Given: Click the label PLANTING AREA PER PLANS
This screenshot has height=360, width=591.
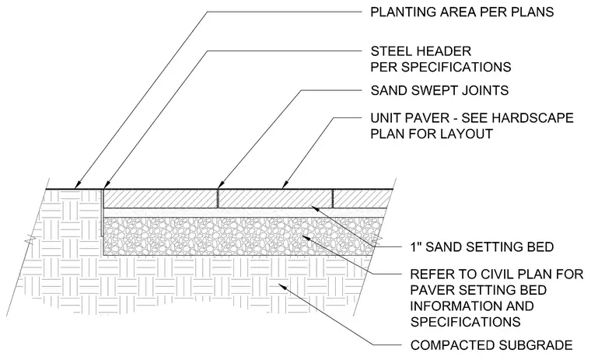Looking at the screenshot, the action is tap(462, 12).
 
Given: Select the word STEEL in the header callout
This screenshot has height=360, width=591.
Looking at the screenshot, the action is tap(388, 51).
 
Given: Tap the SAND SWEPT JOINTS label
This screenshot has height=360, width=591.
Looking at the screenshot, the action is tap(439, 90).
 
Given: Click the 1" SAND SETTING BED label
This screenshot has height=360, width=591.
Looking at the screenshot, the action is tap(482, 247).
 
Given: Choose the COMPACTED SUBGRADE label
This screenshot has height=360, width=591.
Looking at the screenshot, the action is tap(491, 345).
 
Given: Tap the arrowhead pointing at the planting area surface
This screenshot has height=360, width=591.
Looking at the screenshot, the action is tap(78, 185).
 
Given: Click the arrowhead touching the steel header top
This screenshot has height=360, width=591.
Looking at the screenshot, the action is tap(107, 184).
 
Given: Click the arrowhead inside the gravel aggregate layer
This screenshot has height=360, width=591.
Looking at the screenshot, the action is tap(308, 237).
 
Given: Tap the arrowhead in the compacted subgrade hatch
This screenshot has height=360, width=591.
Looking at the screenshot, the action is tap(282, 286).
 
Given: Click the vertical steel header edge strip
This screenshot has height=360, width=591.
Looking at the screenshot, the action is tap(102, 212).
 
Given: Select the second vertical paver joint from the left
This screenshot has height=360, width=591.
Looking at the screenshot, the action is tap(333, 198).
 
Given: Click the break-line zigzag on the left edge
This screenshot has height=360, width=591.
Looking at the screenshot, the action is tap(30, 239).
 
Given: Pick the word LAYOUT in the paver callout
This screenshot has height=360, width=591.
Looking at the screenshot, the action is tap(468, 134).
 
